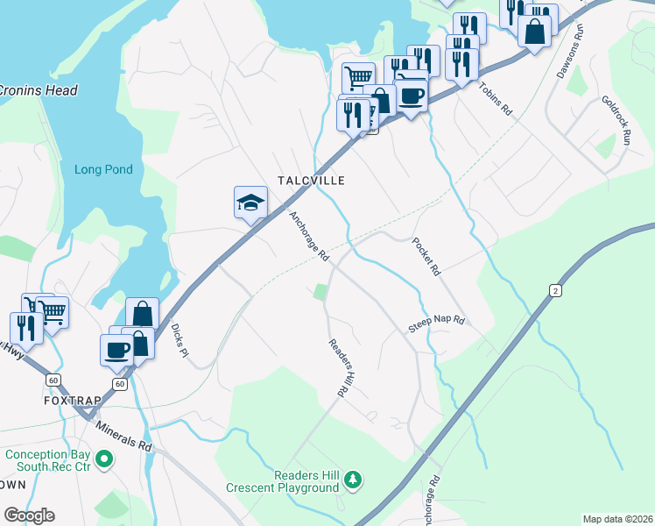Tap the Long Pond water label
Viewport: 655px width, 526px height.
(103, 170)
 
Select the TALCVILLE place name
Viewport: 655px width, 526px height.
(311, 180)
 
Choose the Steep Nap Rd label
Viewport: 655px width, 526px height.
(435, 324)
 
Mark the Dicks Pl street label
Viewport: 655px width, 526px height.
(180, 341)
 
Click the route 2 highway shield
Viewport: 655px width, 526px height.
(554, 290)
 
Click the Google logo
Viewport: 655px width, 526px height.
(29, 515)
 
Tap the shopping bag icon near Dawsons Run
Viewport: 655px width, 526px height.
(534, 32)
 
